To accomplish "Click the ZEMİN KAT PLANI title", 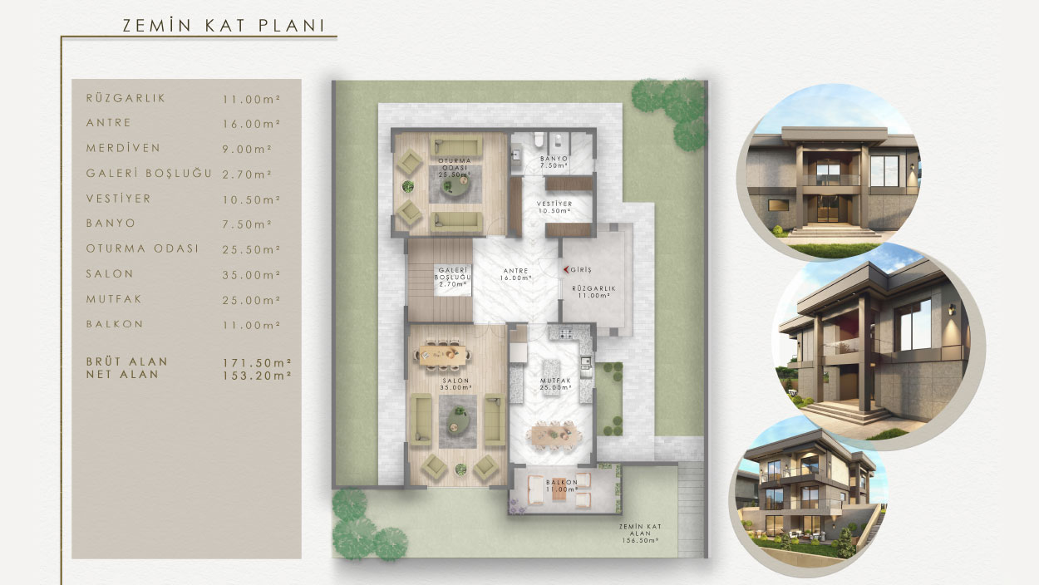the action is point(224,26).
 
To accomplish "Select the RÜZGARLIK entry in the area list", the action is point(126,98).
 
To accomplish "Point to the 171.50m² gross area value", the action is point(257,362).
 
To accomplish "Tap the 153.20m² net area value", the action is point(257,376).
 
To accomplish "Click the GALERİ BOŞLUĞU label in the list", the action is point(149,174).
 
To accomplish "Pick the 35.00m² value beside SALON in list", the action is point(251,275).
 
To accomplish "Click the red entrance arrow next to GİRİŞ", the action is point(566,269).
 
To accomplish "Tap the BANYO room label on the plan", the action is point(554,159).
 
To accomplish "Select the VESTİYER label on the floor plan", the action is point(554,204).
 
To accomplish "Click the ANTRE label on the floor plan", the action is point(516,271).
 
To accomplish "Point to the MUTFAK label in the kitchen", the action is point(555,381).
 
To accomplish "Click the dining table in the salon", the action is point(443,355).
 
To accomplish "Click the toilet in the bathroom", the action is point(538,139).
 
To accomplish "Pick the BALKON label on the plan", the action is point(562,482).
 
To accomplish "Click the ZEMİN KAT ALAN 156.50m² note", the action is point(640,533).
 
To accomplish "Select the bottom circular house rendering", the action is point(809,496).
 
